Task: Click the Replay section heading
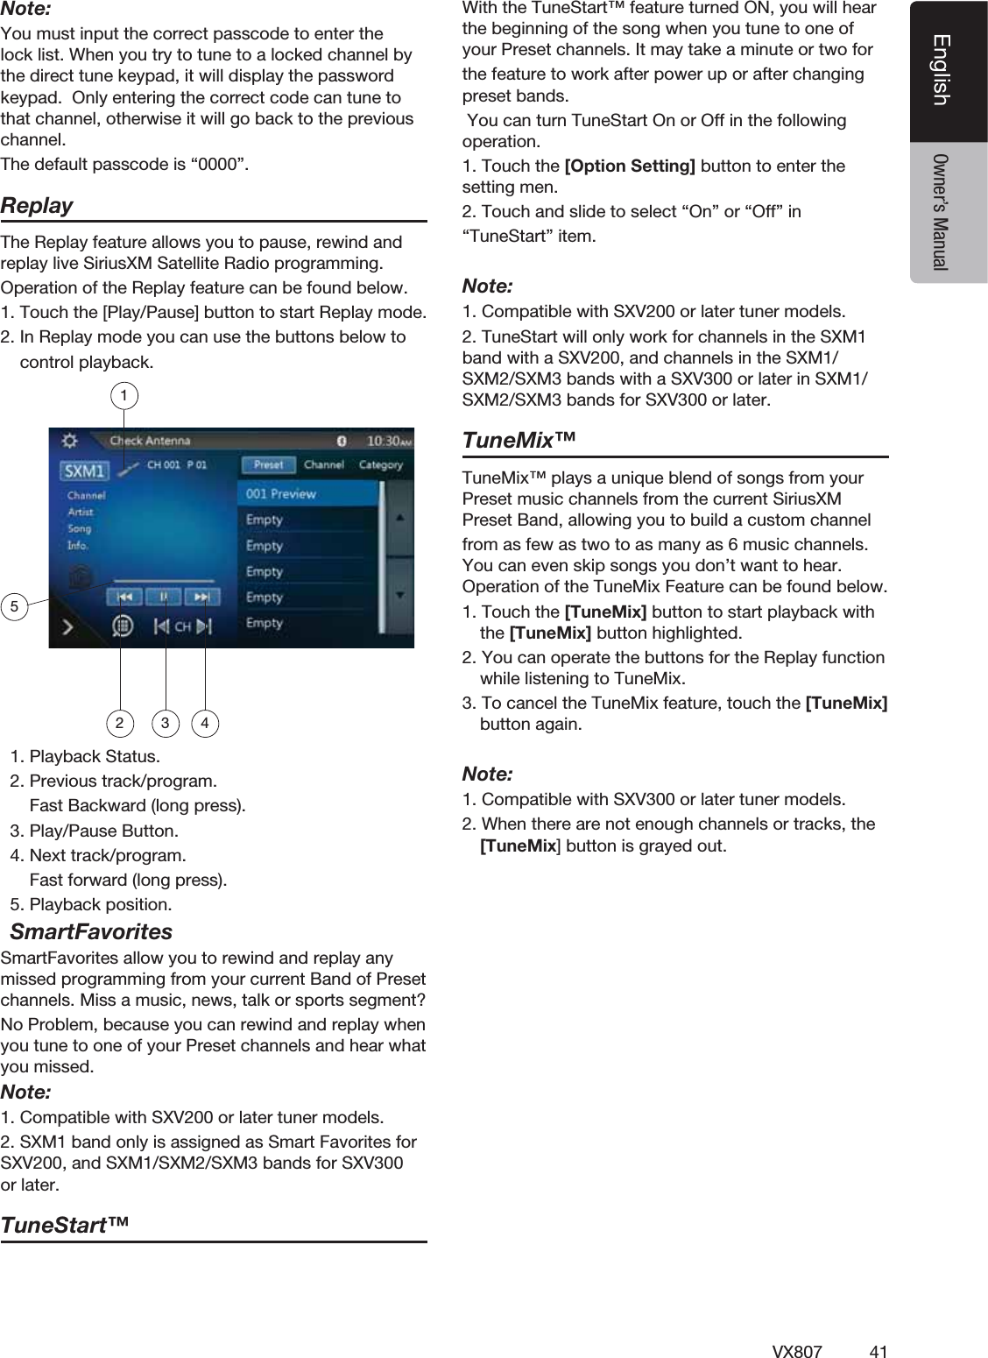coord(37,206)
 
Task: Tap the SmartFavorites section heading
coord(91,931)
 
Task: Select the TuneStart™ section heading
coord(65,1225)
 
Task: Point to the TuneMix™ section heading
coord(519,440)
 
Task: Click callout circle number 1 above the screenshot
coord(124,396)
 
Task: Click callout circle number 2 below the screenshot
coord(120,723)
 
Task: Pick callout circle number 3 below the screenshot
coord(165,723)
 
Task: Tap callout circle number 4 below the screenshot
coord(205,723)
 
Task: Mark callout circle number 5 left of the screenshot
coord(14,606)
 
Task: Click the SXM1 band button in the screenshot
coord(84,470)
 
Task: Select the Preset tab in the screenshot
coord(268,465)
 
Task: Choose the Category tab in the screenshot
coord(381,465)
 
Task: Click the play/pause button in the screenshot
coord(164,597)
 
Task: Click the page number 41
coord(879,1351)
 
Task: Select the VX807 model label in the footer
coord(797,1351)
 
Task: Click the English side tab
coord(942,70)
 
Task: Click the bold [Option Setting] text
coord(630,166)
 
